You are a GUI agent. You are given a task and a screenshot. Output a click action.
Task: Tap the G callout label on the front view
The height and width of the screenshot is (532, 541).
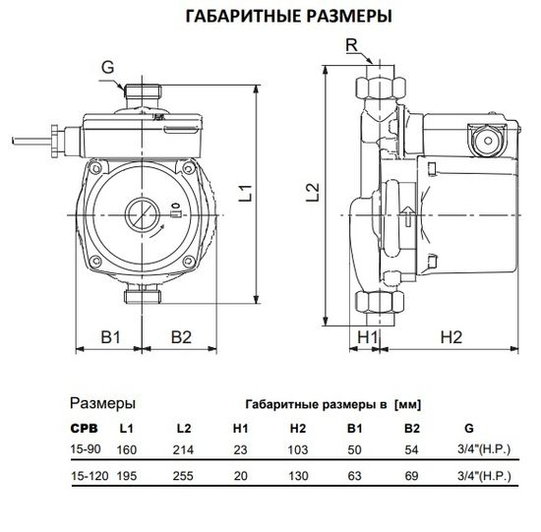107,66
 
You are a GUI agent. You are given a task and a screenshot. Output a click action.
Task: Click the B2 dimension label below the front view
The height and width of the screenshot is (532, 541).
182,337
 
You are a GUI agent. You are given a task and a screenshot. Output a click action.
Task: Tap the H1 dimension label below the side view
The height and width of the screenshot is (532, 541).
368,337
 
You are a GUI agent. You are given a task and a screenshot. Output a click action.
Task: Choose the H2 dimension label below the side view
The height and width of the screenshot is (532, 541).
450,337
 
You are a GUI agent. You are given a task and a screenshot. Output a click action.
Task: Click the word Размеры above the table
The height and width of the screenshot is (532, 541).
103,403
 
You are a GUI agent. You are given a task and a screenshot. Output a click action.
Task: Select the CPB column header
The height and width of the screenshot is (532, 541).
84,429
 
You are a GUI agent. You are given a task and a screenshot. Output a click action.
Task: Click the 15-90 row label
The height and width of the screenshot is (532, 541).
87,449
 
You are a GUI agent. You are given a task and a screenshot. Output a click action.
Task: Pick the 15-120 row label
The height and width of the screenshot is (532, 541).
90,475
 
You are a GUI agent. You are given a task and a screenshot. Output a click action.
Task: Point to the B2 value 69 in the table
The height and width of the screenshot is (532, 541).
411,475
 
